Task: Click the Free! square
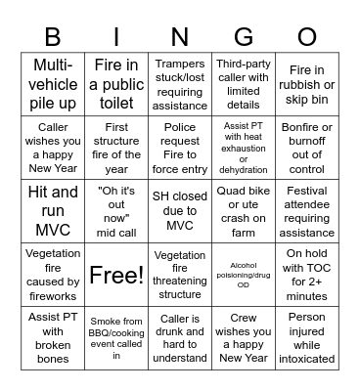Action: point(116,275)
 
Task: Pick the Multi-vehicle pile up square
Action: point(53,83)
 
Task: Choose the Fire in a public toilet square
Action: point(116,83)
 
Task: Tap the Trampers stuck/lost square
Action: point(180,83)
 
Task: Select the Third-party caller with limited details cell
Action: point(244,83)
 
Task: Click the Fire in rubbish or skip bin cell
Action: point(307,83)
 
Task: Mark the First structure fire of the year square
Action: point(116,147)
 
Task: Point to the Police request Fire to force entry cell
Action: point(180,147)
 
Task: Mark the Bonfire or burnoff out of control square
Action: point(307,147)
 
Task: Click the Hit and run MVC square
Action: point(53,210)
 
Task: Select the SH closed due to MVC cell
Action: point(180,210)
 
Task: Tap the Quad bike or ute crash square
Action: point(244,210)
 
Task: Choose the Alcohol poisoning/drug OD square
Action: point(244,275)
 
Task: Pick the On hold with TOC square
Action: point(307,275)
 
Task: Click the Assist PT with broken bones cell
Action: point(53,338)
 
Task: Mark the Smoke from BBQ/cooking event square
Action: point(116,338)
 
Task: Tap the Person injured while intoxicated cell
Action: point(307,338)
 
